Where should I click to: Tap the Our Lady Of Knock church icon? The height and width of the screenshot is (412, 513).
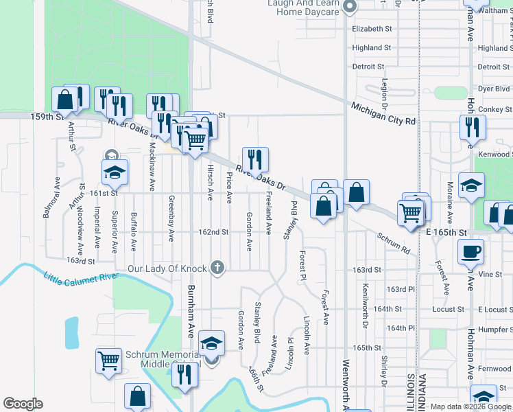217,268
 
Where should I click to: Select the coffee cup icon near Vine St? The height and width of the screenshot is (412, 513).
470,252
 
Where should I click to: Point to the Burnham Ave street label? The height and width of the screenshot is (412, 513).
191,310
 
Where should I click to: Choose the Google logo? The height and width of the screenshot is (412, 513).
23,404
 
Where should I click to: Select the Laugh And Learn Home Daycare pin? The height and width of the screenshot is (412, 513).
349,8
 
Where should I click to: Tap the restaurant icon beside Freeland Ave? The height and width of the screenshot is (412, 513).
255,160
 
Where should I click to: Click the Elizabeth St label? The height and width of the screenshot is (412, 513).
371,29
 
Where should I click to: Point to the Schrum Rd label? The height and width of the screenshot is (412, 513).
393,243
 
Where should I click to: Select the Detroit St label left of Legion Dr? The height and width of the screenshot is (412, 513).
368,67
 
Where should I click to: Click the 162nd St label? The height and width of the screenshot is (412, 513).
214,232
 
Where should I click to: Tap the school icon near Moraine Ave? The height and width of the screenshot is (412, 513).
471,185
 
